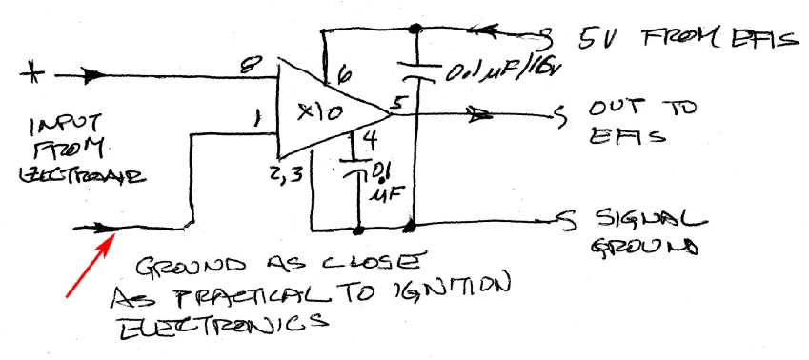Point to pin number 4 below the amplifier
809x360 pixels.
click(x=371, y=144)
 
